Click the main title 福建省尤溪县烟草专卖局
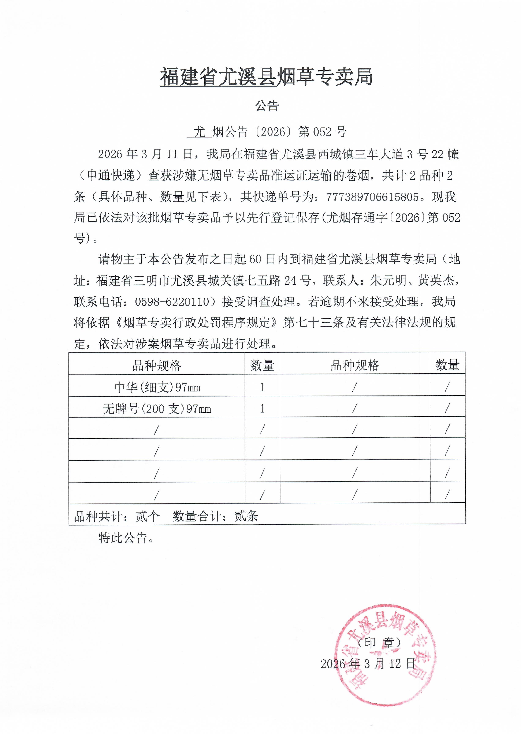click(x=266, y=77)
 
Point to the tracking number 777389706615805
click(x=373, y=197)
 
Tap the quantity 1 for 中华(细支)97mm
click(x=262, y=387)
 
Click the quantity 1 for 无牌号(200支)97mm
click(x=262, y=409)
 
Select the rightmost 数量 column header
click(x=447, y=365)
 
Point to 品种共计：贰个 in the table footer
click(x=117, y=516)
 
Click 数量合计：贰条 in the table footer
click(x=215, y=516)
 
